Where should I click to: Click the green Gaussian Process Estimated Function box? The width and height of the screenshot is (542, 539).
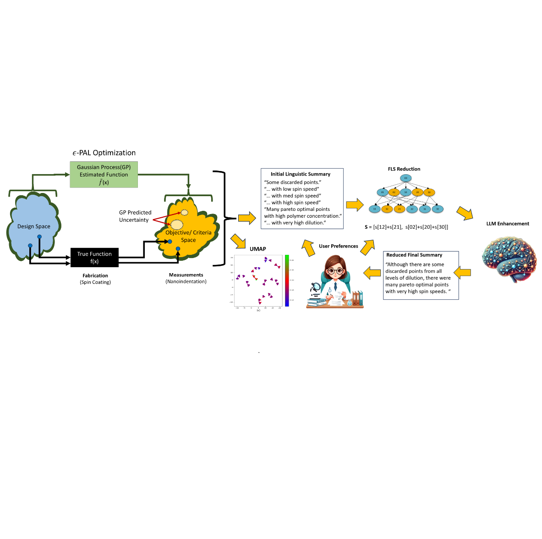[104, 175]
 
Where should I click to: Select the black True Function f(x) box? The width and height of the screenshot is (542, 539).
[94, 258]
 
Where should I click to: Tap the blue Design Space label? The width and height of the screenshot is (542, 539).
[34, 226]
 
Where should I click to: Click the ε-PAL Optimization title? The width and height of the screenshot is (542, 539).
[104, 153]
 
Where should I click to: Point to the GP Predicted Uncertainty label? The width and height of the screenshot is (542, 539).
[135, 216]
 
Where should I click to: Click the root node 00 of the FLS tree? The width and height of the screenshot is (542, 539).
[405, 178]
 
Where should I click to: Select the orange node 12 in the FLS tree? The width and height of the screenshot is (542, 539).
[387, 209]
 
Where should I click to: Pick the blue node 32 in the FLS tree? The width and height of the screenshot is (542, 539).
[438, 209]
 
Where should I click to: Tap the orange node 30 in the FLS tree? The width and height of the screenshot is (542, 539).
[429, 192]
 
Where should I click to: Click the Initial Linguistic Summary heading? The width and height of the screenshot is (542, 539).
[301, 174]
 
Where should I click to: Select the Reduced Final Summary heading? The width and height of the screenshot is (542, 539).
[414, 255]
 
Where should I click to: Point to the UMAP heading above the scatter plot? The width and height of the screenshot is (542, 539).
[258, 249]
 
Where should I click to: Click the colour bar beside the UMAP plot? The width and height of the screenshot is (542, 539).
[287, 280]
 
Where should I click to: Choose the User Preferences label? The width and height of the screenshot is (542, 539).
[339, 246]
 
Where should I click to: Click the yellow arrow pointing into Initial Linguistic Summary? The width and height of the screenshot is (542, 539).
[247, 218]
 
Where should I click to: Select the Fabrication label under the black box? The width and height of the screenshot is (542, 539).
[95, 275]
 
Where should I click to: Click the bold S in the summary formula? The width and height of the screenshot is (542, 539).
[366, 227]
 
